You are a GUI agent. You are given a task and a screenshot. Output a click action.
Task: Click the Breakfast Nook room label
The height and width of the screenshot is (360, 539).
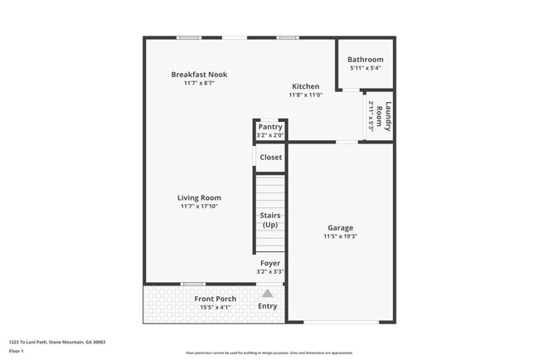click(x=199, y=75)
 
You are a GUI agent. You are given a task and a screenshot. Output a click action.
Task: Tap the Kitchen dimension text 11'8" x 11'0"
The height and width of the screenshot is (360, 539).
click(x=305, y=95)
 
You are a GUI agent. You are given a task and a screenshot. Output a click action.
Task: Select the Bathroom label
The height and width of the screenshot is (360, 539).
click(x=365, y=60)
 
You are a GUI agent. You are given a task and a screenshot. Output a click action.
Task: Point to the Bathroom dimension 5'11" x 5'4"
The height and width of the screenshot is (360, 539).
click(x=365, y=69)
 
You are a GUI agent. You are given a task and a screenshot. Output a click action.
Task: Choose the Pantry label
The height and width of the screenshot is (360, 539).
click(x=270, y=127)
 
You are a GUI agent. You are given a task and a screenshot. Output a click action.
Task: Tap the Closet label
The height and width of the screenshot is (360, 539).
click(x=270, y=157)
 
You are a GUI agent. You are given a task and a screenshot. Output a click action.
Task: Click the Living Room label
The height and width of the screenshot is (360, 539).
click(x=199, y=197)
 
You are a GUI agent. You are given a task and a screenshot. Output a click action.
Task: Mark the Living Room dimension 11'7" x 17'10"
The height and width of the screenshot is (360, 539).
click(x=199, y=207)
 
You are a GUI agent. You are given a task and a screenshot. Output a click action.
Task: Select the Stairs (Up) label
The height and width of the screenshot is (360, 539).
click(x=270, y=220)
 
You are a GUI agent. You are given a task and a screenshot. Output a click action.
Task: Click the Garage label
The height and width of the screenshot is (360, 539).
click(x=340, y=227)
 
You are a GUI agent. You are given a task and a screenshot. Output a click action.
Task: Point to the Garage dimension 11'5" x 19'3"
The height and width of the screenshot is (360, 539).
click(x=340, y=236)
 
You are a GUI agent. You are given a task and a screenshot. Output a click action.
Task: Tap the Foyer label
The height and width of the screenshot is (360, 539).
click(x=270, y=263)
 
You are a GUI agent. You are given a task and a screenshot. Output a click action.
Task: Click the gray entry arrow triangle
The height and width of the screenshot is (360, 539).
click(x=268, y=293)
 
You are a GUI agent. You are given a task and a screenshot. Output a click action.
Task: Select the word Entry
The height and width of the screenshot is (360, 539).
click(x=268, y=306)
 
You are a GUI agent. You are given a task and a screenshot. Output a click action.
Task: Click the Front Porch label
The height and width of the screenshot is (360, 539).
click(x=216, y=299)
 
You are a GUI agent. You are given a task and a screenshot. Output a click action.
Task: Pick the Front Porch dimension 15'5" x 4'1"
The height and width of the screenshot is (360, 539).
click(x=216, y=308)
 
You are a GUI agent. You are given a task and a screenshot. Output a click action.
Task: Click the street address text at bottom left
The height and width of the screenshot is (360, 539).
click(x=56, y=342)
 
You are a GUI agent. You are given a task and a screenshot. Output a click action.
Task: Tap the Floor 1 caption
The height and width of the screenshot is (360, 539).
click(x=17, y=351)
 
